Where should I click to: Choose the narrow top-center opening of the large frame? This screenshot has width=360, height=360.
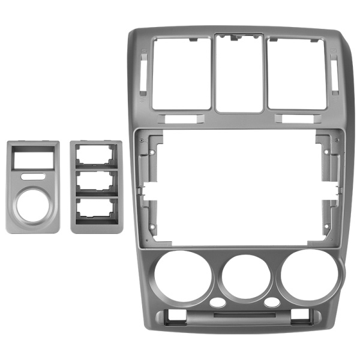pos(239,73)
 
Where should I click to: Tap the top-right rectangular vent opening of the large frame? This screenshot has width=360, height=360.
pos(296,73)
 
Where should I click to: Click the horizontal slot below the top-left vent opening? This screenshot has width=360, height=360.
pos(180,119)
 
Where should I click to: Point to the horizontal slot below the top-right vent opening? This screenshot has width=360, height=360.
pos(298,119)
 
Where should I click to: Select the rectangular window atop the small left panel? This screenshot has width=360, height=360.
pos(32,159)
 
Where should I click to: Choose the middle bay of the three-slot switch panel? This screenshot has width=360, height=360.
pos(96,181)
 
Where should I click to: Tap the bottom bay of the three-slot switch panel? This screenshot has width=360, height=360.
pos(96,208)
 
